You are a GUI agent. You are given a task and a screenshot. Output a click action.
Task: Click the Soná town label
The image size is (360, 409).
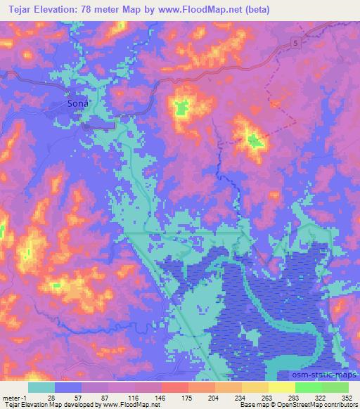(x=78, y=103)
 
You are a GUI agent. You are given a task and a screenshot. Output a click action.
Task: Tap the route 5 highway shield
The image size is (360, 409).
(x=296, y=44)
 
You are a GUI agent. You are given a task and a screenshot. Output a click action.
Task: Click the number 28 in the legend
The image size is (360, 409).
(x=51, y=398)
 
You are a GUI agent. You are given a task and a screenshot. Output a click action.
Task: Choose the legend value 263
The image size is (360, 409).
(x=265, y=398)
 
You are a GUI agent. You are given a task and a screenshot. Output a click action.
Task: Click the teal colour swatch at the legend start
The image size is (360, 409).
(x=41, y=387)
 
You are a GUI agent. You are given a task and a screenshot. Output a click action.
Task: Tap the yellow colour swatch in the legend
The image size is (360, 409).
(x=281, y=387)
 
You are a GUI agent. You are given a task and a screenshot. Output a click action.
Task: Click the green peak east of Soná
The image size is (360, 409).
(x=182, y=108)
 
